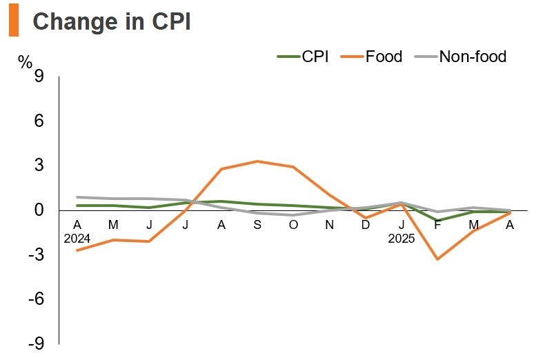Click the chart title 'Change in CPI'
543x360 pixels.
coord(112,21)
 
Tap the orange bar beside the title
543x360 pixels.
coord(13,21)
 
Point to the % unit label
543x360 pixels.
coord(26,62)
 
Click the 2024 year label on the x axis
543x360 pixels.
coord(77,239)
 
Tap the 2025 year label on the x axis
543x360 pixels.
coord(402,239)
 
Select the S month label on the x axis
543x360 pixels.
coord(257,225)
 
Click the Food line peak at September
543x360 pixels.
coord(257,161)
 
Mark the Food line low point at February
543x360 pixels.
coord(437,259)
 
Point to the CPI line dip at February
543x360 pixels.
coord(437,221)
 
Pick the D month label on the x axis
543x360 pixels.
coord(365,225)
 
